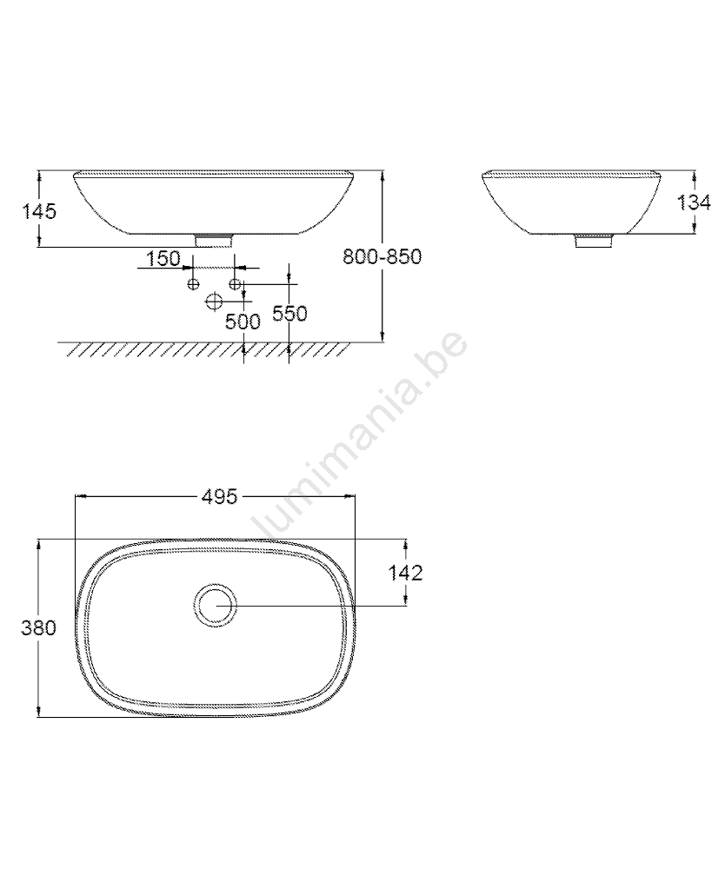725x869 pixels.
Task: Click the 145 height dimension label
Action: click(x=39, y=211)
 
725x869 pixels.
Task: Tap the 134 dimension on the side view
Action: click(x=694, y=202)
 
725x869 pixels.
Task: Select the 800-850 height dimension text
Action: click(x=382, y=256)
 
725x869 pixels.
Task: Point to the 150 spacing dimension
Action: click(x=163, y=258)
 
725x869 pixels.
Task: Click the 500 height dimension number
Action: click(x=243, y=322)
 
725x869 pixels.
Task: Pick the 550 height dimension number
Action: click(x=289, y=313)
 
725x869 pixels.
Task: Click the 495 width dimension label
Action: click(x=219, y=496)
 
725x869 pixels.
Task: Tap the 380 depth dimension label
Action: click(x=39, y=628)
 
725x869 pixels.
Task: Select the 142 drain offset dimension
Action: click(x=405, y=573)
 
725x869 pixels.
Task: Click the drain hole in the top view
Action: click(x=216, y=605)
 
